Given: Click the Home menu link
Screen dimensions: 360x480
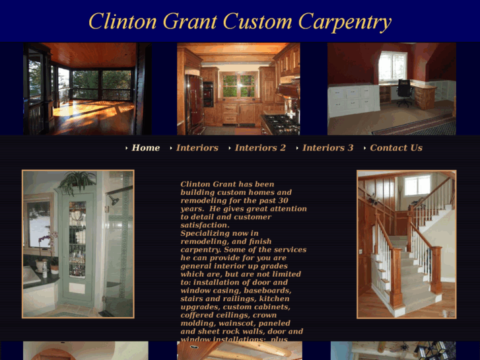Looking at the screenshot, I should [x=145, y=148].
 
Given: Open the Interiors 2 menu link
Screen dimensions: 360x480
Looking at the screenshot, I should [x=260, y=148].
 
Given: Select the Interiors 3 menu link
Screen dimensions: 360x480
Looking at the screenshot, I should [x=327, y=148].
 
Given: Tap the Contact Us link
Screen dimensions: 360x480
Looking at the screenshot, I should [x=395, y=148].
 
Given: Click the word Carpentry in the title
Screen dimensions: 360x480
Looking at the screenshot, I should [x=344, y=21].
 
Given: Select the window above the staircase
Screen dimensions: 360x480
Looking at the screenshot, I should [x=417, y=186].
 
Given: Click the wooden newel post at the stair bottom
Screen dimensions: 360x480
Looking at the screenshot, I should [x=436, y=277].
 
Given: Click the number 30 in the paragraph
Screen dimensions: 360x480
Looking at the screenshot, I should [x=283, y=200].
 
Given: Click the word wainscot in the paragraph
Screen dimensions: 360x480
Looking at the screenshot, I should [x=246, y=323].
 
